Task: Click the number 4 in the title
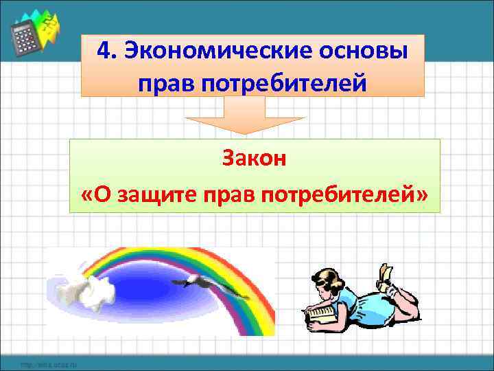pos(104,52)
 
